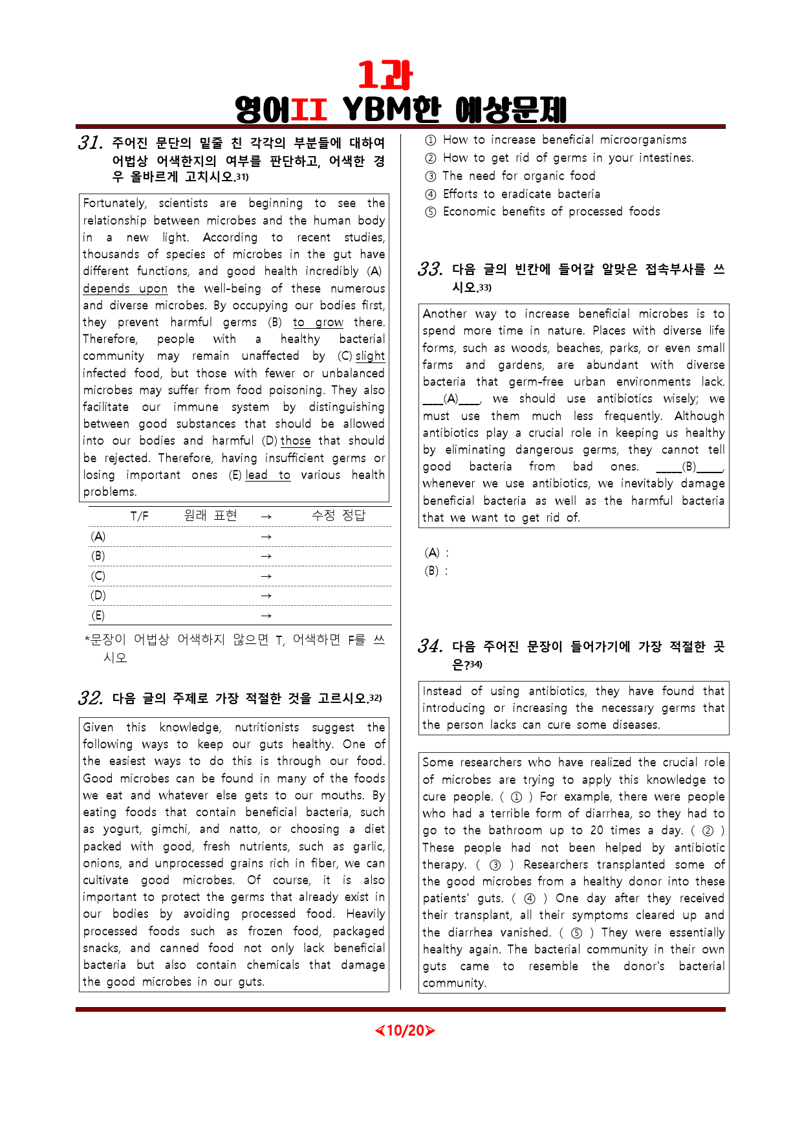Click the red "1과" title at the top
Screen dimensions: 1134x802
(385, 76)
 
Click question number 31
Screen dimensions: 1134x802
(90, 143)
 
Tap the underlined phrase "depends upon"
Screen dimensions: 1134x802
(125, 289)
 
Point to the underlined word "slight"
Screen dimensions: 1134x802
(370, 356)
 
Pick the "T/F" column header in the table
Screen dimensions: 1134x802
(139, 516)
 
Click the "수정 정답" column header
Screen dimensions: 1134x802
(338, 515)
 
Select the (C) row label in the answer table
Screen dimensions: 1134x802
(98, 576)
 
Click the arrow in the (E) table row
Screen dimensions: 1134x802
(266, 616)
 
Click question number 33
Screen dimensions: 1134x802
(430, 270)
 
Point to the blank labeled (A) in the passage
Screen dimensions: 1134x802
(451, 399)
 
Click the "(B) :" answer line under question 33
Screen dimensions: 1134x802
(436, 571)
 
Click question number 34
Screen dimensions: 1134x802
(430, 647)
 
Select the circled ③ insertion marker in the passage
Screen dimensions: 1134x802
(495, 865)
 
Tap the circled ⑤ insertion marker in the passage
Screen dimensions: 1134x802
(576, 933)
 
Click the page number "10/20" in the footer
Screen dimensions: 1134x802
(405, 1030)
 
